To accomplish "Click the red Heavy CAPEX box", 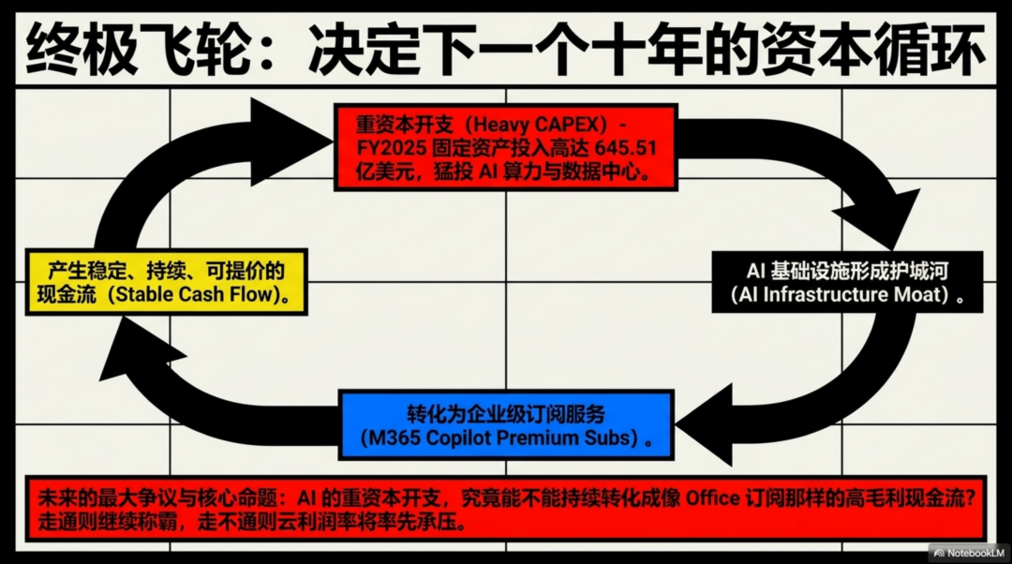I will click(504, 148).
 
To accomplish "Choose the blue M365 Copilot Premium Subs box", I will click(505, 425).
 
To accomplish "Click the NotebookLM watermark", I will click(966, 553).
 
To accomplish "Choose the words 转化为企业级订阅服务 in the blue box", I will click(505, 413).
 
